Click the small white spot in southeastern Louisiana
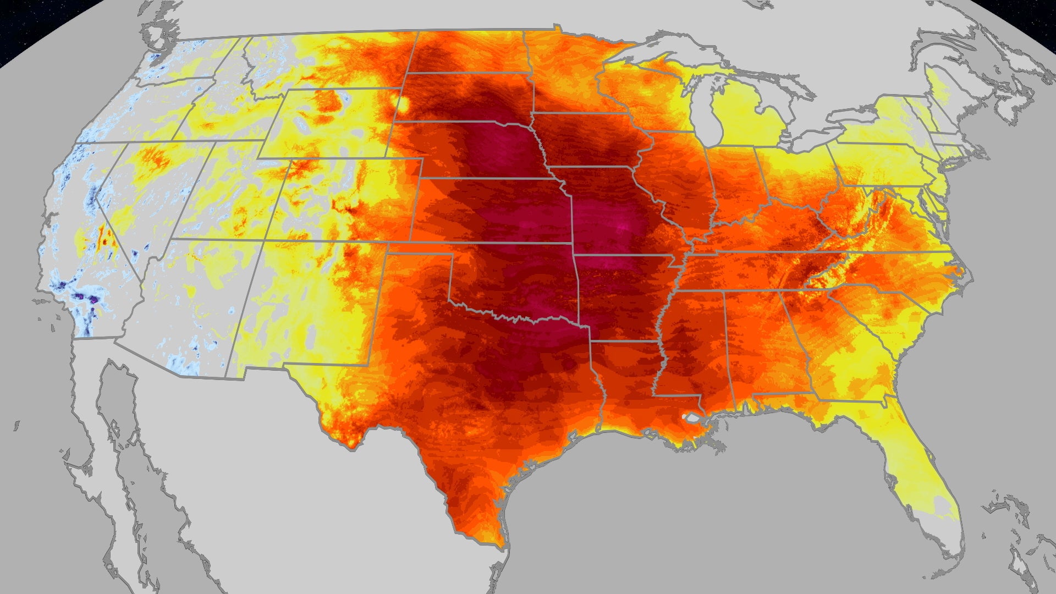tap(685, 417)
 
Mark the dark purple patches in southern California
tap(82, 297)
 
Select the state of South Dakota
tap(468, 96)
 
